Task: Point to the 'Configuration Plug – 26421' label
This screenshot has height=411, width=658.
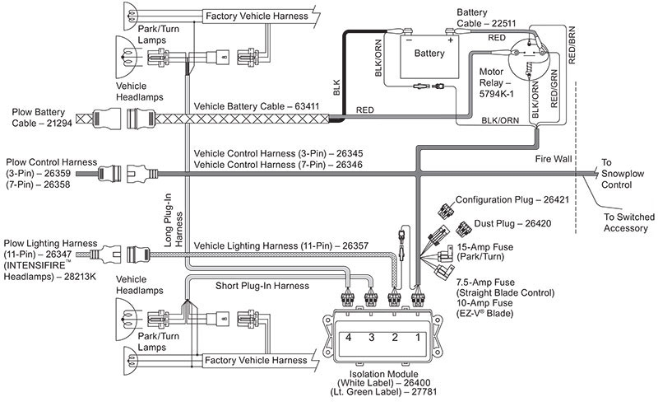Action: (519, 200)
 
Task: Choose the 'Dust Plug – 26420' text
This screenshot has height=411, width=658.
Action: (515, 223)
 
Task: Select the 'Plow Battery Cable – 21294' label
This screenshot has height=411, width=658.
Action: (40, 115)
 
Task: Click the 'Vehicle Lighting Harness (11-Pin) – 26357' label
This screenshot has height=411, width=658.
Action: (280, 245)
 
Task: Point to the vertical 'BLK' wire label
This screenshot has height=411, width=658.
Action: (336, 91)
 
